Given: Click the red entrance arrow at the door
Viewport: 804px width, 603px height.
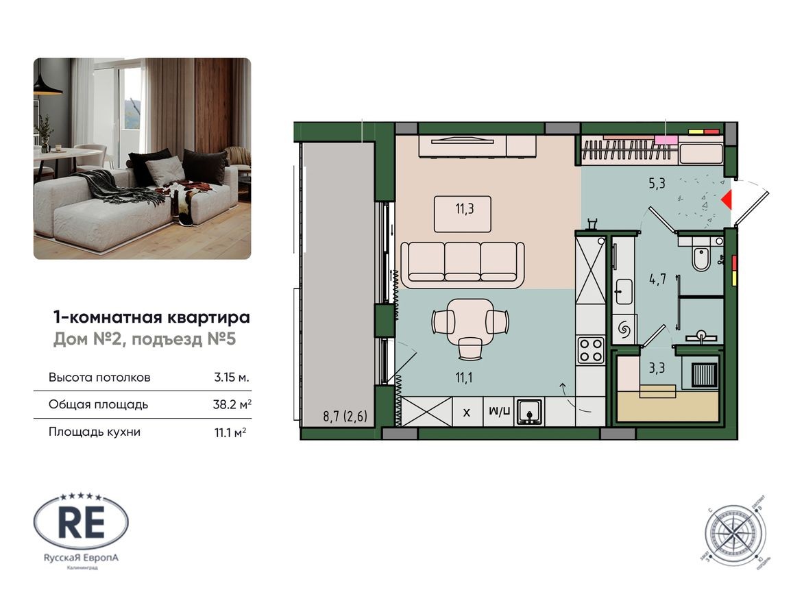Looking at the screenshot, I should [x=727, y=199].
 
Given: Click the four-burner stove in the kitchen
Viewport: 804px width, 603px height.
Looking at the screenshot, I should [x=591, y=350].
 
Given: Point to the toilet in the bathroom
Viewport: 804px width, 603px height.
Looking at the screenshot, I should [x=701, y=259].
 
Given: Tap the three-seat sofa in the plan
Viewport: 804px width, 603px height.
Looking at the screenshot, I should [x=463, y=263].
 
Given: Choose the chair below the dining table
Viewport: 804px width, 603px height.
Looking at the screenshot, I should [x=470, y=348].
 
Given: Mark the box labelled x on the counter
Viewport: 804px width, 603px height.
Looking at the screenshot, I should [x=467, y=413].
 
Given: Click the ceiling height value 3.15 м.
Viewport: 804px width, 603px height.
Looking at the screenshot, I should [x=231, y=378].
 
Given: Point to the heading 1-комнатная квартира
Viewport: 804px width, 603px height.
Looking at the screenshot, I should [x=151, y=318].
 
